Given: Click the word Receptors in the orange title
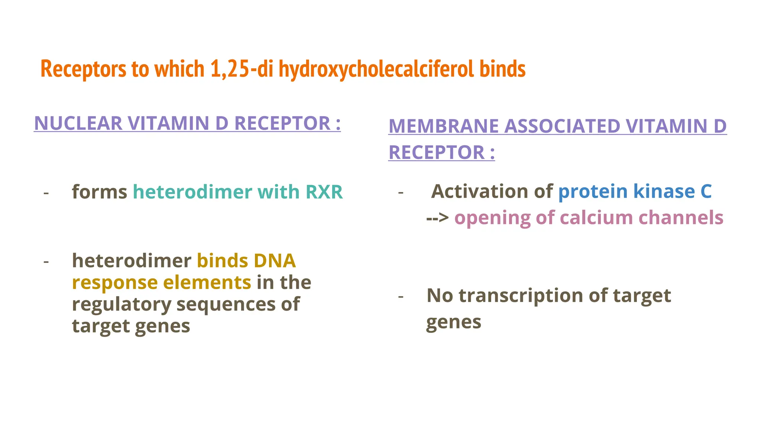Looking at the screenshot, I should tap(83, 69).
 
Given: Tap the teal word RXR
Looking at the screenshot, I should tap(324, 192).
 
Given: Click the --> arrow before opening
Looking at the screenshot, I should tap(438, 218).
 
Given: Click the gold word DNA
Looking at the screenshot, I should tap(275, 261).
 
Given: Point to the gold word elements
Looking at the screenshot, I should tap(207, 282).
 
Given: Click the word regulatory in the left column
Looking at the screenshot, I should tap(122, 305).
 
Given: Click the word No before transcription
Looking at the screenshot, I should tap(440, 296).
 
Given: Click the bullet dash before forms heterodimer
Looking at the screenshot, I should tap(46, 193).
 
